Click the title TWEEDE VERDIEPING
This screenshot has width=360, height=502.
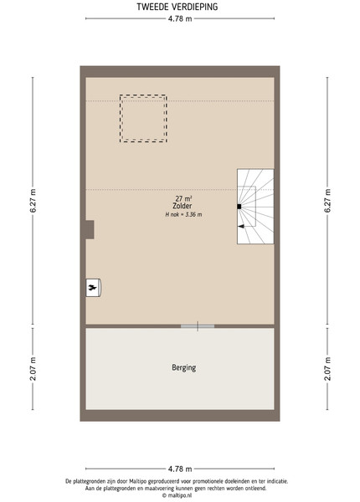click(x=177, y=7)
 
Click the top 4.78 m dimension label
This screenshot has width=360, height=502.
click(x=180, y=18)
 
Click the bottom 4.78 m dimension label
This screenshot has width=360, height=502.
click(x=180, y=469)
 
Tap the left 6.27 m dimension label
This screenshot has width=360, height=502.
click(x=33, y=201)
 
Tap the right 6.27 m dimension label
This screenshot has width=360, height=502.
click(x=327, y=201)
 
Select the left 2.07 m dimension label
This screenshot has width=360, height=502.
click(x=33, y=368)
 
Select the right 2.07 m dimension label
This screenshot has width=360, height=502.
click(x=327, y=368)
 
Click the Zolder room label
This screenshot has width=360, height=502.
click(x=183, y=206)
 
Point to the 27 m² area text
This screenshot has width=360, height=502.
click(x=183, y=199)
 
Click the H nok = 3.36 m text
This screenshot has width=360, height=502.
click(x=183, y=214)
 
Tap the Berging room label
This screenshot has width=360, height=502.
click(x=184, y=367)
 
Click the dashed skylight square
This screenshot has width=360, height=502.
click(x=143, y=95)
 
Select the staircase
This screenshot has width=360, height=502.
click(x=255, y=207)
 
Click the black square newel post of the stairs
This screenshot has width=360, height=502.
click(x=239, y=207)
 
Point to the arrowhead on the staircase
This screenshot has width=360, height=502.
click(x=241, y=227)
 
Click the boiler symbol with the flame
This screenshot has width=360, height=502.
click(x=93, y=288)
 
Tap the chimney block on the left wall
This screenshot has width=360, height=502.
click(x=90, y=229)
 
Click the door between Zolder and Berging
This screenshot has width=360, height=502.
click(x=198, y=326)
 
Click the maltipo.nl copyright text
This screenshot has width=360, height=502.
click(x=177, y=495)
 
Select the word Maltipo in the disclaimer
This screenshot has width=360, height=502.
click(x=138, y=481)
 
